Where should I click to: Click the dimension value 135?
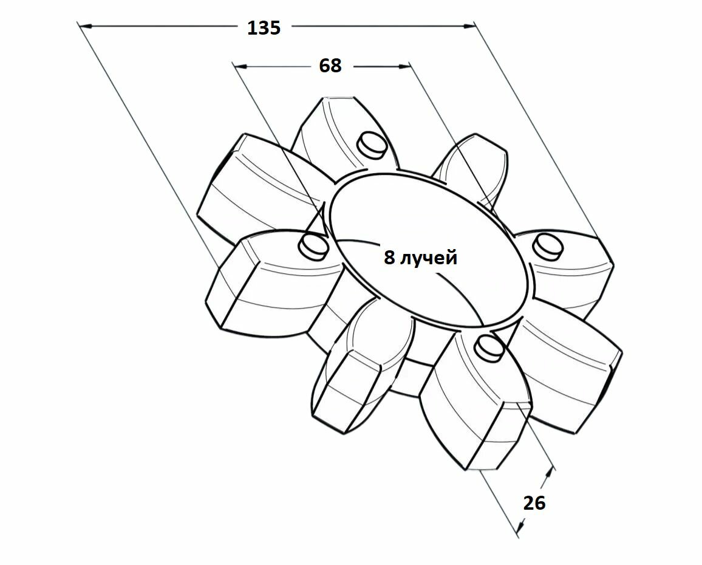[264, 28]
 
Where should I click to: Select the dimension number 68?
[330, 66]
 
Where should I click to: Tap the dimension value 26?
[534, 502]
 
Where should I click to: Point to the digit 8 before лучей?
[389, 258]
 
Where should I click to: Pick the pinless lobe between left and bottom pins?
[358, 371]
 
